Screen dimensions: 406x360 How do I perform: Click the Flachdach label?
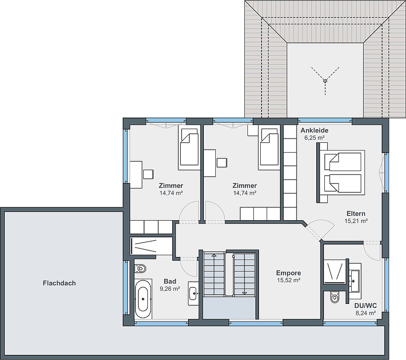coord(59,283)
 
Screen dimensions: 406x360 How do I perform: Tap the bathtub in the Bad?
coord(143,299)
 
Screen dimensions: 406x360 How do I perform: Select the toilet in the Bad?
coord(140,269)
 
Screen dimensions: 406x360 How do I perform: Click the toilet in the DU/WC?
coord(335,297)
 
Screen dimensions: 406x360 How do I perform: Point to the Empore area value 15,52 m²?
coord(289,280)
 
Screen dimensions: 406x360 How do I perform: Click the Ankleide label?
coord(315,130)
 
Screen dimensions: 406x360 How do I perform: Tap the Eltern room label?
coord(356,213)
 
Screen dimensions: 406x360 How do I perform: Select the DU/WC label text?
coord(365,306)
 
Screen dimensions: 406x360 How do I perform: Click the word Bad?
coord(170,281)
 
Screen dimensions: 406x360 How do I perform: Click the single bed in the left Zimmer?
coord(189,148)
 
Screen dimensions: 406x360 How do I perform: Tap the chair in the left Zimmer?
coord(148,174)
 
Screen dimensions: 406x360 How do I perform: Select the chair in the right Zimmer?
coord(222,162)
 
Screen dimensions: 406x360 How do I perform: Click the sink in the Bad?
coord(193,294)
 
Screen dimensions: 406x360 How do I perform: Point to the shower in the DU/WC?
coord(335,272)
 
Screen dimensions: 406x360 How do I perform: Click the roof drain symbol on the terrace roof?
coord(325,81)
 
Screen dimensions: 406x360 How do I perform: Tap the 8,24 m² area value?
coord(365,313)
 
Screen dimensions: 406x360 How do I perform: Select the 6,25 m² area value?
coord(315,138)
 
